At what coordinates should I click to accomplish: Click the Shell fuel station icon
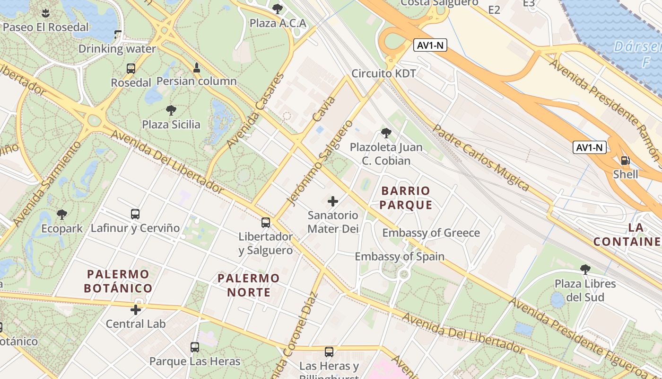click(x=625, y=161)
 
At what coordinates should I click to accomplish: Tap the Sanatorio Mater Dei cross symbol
click(x=333, y=201)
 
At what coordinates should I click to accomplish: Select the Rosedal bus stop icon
click(x=131, y=69)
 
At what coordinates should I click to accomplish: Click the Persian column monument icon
click(x=197, y=67)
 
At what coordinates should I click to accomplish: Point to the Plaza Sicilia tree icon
click(x=171, y=111)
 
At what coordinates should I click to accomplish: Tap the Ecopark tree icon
click(x=61, y=215)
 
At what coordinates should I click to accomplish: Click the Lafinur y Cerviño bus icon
click(x=135, y=214)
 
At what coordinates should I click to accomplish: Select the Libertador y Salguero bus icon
click(x=266, y=222)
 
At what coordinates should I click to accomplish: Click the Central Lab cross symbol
click(x=136, y=310)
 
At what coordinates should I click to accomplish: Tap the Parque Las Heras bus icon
click(x=195, y=347)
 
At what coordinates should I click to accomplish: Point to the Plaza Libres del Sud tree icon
click(x=585, y=270)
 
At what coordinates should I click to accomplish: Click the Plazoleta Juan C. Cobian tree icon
click(x=386, y=133)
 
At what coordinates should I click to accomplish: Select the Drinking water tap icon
click(x=118, y=35)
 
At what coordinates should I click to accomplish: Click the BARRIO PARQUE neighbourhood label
click(x=406, y=198)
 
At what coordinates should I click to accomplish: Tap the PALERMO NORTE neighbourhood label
click(x=248, y=285)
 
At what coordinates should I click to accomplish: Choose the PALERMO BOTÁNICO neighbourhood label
click(x=118, y=281)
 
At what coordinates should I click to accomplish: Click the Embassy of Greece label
click(x=431, y=233)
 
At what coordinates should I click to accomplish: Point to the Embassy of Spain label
click(x=400, y=257)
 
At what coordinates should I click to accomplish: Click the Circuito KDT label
click(x=383, y=73)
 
